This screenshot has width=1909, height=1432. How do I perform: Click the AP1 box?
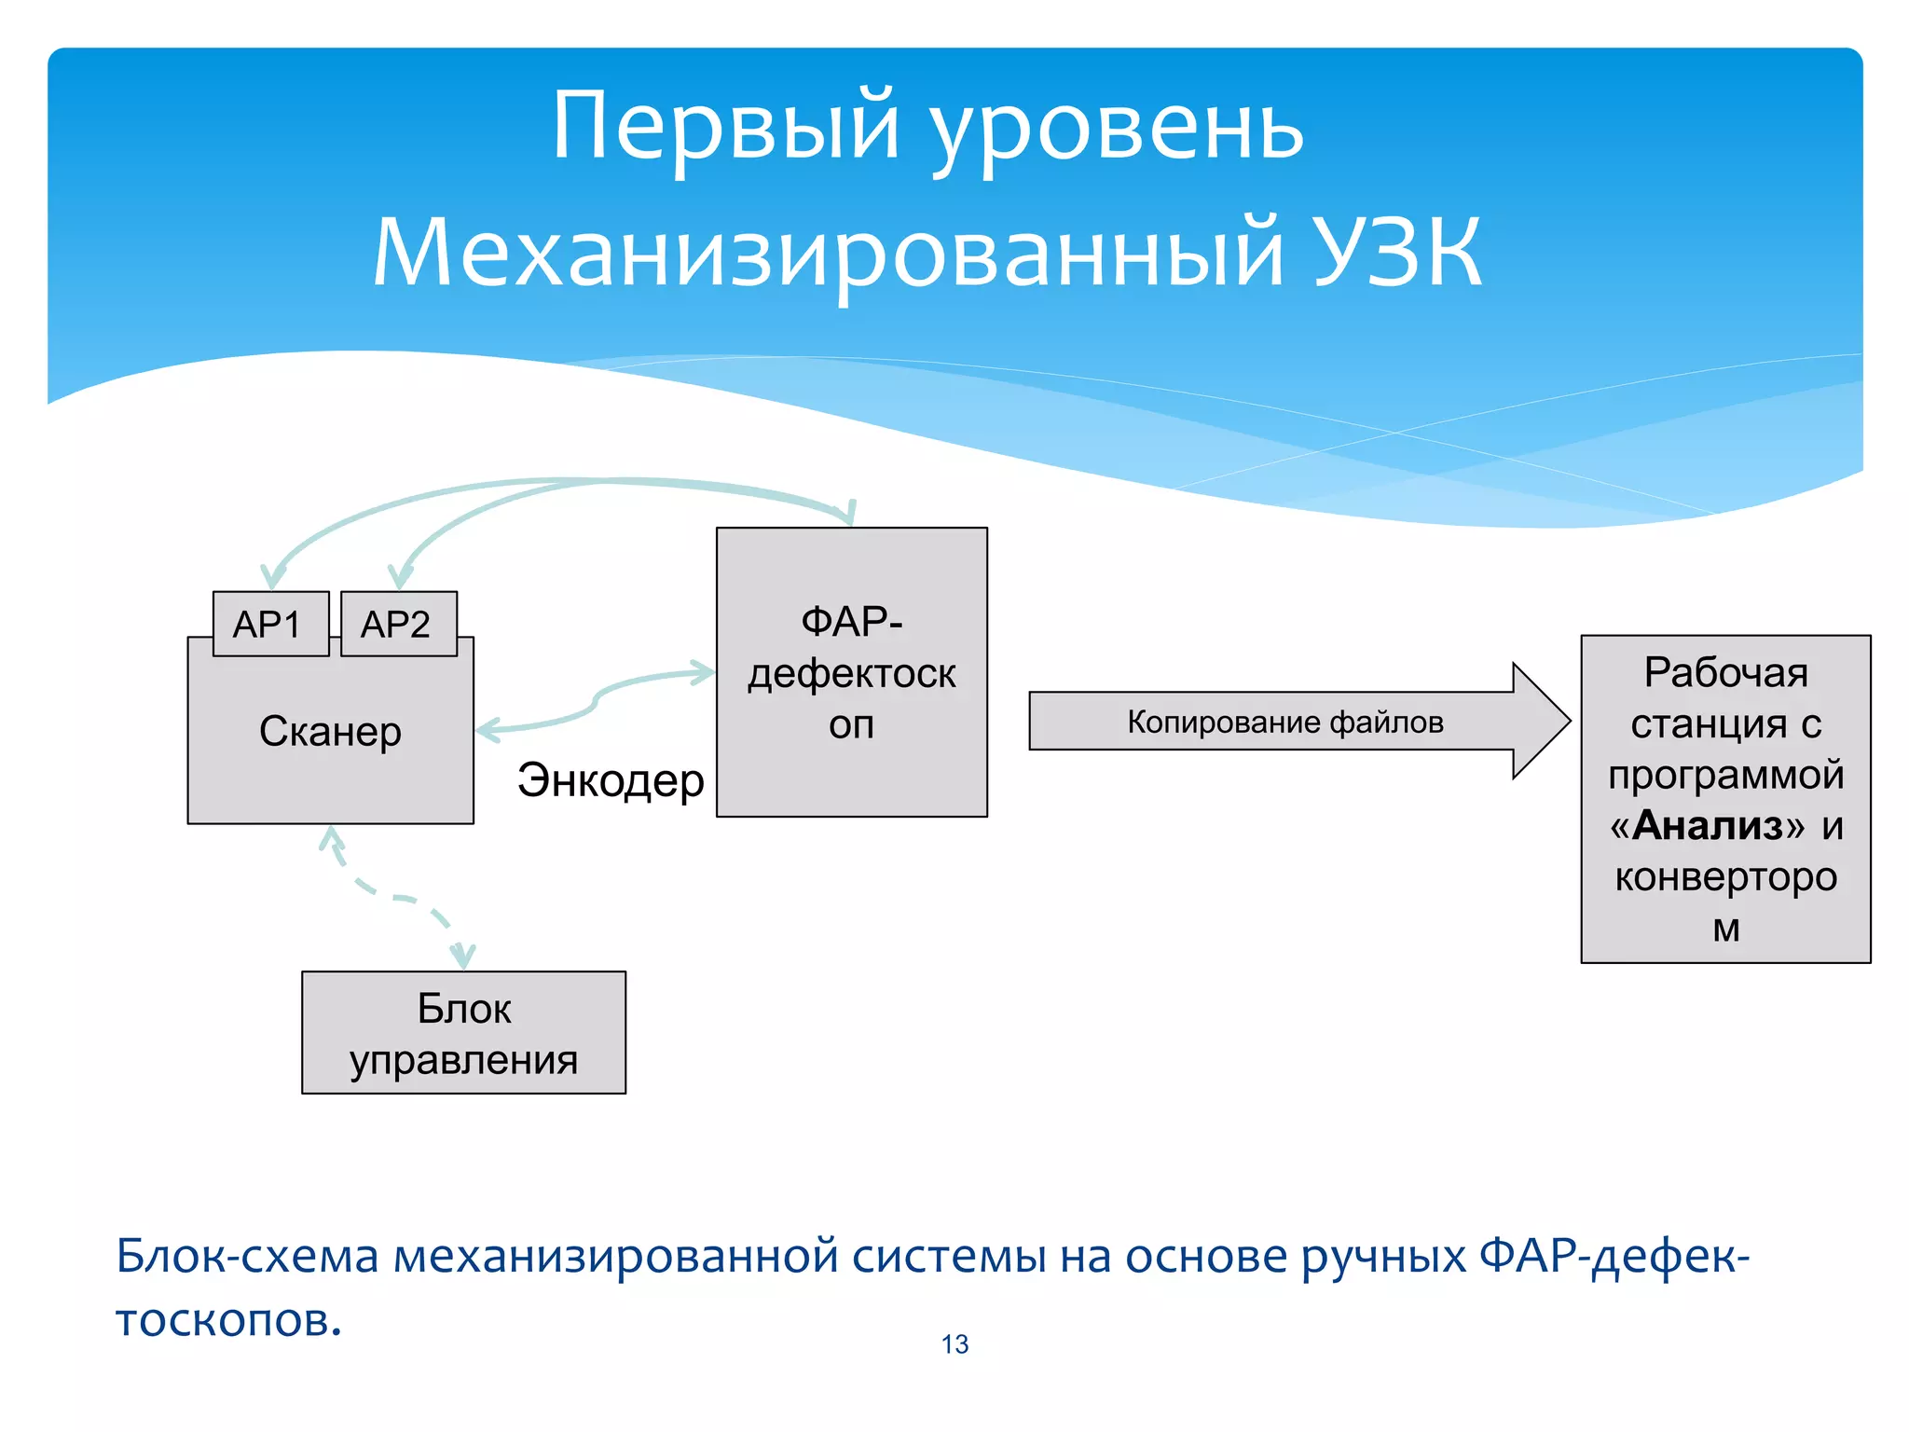point(270,624)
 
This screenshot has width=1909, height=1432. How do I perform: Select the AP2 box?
point(398,624)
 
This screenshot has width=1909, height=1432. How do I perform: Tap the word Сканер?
point(330,732)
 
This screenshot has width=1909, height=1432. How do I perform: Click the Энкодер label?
point(611,780)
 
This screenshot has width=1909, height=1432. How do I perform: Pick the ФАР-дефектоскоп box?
point(851,672)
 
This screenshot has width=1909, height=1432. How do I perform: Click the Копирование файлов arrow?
point(1286,722)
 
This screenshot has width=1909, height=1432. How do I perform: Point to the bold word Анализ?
point(1708,826)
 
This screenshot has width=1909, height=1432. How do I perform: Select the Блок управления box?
point(463,1033)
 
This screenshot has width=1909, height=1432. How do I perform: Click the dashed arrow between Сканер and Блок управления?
point(396,898)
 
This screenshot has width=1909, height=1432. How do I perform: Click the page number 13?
point(954,1344)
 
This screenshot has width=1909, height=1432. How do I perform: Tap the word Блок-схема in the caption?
point(247,1257)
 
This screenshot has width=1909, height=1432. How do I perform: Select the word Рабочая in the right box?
point(1725,673)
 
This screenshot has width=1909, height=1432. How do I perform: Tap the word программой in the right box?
point(1725,776)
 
